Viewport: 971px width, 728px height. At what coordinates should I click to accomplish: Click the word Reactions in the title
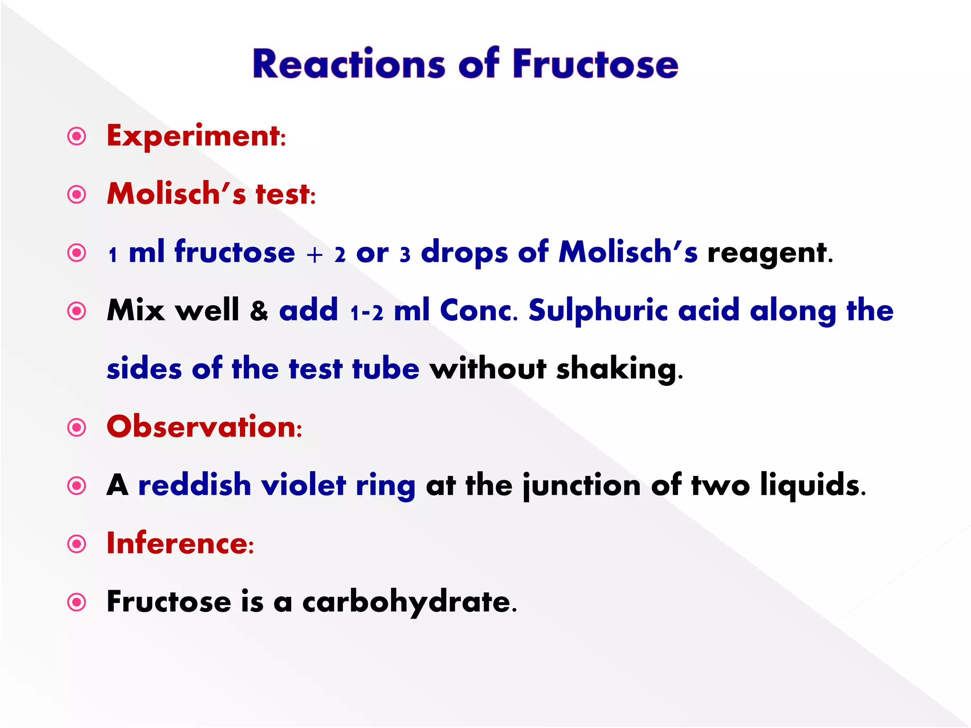coord(348,64)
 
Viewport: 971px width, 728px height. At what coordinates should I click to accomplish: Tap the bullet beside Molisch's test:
coord(77,195)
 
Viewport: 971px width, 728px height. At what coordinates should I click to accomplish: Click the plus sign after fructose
coord(314,255)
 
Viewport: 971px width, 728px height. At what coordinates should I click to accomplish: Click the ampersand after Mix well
coord(259,312)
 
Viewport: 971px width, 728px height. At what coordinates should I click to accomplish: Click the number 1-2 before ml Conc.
coord(366,313)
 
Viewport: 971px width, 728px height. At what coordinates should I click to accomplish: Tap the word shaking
coord(619,370)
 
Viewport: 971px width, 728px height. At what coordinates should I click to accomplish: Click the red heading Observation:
coord(204,427)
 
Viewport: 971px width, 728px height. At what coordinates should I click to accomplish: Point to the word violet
coord(303,485)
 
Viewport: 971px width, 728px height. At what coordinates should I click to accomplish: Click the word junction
coord(581,486)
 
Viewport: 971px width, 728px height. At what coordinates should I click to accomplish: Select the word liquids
coord(812,486)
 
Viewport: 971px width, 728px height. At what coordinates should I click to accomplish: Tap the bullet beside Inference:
coord(77,544)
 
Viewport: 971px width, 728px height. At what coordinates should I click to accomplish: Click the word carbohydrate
coord(409,602)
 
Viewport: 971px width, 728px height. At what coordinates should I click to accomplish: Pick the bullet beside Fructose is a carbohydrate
coord(77,602)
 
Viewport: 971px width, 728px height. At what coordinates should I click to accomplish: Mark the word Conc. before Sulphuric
coord(478,312)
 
